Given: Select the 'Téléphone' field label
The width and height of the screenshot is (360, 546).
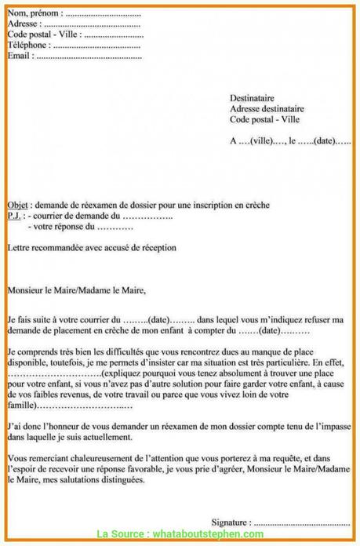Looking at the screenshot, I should (28, 46).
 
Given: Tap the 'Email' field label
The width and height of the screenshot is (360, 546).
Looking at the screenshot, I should (20, 57).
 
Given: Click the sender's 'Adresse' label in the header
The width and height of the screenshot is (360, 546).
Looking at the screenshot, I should (23, 25).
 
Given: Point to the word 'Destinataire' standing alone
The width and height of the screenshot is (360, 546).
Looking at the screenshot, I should (253, 97).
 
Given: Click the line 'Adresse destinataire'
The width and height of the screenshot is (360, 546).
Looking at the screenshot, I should (267, 108).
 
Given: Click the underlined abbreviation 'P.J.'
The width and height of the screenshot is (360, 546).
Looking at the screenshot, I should (15, 215).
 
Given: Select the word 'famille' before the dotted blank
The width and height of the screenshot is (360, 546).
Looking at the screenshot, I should (20, 408).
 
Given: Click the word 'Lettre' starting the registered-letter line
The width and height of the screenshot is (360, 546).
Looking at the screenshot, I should (18, 247).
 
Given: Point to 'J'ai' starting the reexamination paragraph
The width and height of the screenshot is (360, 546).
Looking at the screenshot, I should (14, 424).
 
